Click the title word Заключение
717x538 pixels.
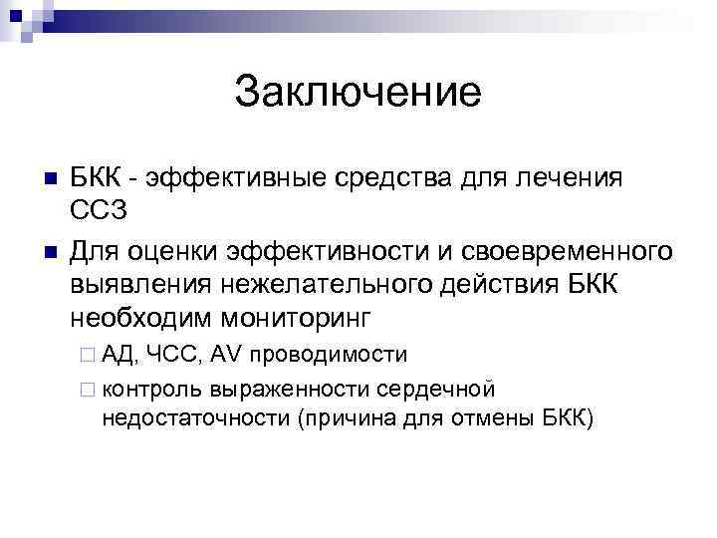358,93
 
